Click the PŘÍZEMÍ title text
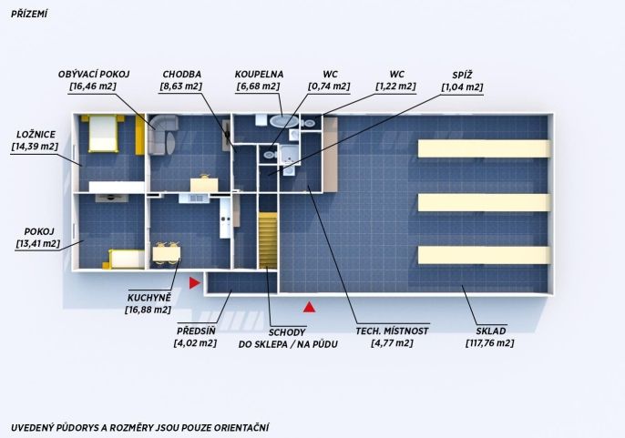pyautogui.click(x=29, y=15)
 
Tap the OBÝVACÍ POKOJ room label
pyautogui.click(x=94, y=74)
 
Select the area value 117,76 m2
pyautogui.click(x=490, y=343)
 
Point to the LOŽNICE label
pyautogui.click(x=36, y=134)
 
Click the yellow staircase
pyautogui.click(x=268, y=240)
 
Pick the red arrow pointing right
pyautogui.click(x=195, y=283)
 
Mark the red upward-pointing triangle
pyautogui.click(x=310, y=307)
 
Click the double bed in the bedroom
pyautogui.click(x=103, y=133)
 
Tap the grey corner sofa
pyautogui.click(x=161, y=134)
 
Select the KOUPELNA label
pyautogui.click(x=259, y=75)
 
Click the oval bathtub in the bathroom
pyautogui.click(x=283, y=121)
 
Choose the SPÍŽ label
pyautogui.click(x=463, y=76)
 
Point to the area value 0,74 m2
pyautogui.click(x=329, y=87)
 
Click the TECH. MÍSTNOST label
pyautogui.click(x=392, y=331)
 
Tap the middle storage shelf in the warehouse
pyautogui.click(x=484, y=202)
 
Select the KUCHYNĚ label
pyautogui.click(x=149, y=298)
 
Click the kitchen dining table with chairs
pyautogui.click(x=167, y=253)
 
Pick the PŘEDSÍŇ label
pyautogui.click(x=196, y=331)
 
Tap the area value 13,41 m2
pyautogui.click(x=38, y=243)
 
